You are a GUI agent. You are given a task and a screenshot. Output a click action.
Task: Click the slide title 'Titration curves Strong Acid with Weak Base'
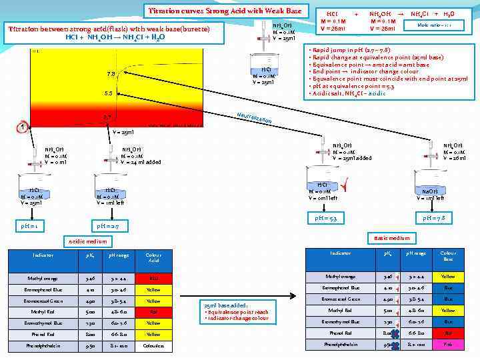point(225,11)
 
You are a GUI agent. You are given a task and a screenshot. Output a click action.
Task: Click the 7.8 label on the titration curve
point(111,74)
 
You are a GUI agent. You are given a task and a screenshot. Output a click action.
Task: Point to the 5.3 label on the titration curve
point(107,93)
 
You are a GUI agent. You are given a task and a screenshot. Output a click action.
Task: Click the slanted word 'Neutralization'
point(253,119)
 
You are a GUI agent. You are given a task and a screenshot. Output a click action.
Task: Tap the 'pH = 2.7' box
point(108,227)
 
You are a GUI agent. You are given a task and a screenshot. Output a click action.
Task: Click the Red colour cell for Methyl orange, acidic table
point(153,278)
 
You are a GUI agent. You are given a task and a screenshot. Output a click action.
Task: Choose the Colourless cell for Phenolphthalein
point(153,346)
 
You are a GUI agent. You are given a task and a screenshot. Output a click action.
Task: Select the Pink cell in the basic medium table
point(448,344)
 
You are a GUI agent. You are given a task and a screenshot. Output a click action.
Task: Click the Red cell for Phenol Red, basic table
point(448,333)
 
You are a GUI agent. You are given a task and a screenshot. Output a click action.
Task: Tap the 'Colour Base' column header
point(448,257)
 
